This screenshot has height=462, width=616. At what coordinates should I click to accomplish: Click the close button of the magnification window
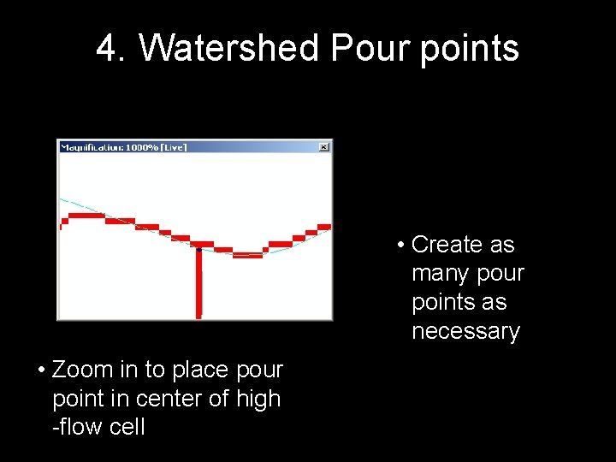click(x=323, y=147)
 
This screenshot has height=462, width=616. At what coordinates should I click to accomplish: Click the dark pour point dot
click(x=198, y=250)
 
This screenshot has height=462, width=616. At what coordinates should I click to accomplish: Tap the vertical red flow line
click(x=198, y=287)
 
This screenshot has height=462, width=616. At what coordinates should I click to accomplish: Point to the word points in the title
click(x=469, y=49)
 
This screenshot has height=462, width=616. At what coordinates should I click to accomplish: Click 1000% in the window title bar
click(x=144, y=147)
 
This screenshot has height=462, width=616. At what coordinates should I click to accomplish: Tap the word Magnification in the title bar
click(x=91, y=147)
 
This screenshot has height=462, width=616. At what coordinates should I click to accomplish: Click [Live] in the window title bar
click(x=175, y=147)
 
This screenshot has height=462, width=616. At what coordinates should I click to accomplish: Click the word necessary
click(x=465, y=332)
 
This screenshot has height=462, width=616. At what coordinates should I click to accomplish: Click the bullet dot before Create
click(x=400, y=246)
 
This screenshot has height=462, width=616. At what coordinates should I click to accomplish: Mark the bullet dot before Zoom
click(x=41, y=370)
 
